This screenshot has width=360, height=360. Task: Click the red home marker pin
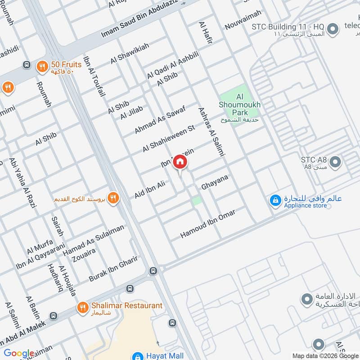(x=180, y=162)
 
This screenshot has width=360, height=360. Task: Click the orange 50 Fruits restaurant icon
(x=42, y=66)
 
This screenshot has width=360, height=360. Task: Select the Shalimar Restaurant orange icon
(x=82, y=307)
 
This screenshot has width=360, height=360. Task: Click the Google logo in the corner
(x=19, y=353)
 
